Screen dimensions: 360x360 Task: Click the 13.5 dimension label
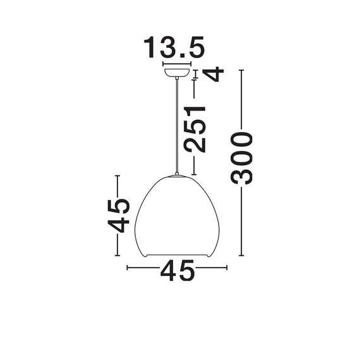coord(174,47)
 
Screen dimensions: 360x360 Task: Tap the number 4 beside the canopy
coord(213,74)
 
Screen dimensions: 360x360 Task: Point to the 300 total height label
coord(241,158)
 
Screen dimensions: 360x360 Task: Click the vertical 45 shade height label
coord(119,216)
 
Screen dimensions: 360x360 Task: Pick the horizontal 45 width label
coord(177,271)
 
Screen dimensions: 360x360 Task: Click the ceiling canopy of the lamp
coord(177,73)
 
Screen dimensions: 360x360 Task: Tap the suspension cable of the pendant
coord(177,126)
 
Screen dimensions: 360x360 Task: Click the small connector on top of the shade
coord(177,174)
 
